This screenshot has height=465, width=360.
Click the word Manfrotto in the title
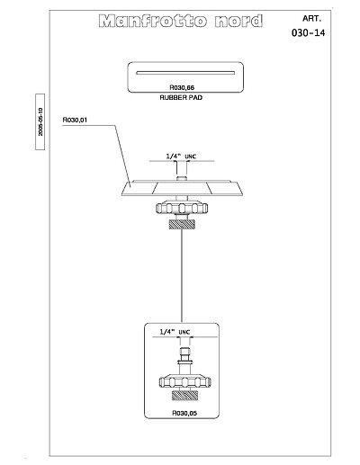click(153, 21)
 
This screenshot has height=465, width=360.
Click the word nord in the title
click(238, 21)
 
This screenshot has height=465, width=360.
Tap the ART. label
click(311, 18)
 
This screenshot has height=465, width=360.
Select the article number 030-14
click(308, 32)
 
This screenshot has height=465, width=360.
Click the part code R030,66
click(182, 87)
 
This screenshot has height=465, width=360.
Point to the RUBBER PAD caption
click(181, 97)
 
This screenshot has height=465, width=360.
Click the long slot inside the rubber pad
click(185, 73)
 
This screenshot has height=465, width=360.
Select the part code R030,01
click(75, 120)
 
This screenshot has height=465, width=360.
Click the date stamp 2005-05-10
click(40, 121)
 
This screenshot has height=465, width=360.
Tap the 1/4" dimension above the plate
click(174, 156)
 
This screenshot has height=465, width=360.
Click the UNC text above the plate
click(191, 156)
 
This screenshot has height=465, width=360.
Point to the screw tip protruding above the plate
click(181, 178)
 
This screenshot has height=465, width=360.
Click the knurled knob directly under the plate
click(182, 208)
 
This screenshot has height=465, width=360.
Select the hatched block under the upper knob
click(182, 224)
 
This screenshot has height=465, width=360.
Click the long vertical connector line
click(182, 276)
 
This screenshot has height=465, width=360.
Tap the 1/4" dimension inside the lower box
click(167, 332)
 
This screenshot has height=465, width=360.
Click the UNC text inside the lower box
click(184, 332)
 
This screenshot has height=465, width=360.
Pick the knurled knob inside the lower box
click(184, 381)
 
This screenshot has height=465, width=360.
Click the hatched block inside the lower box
click(184, 396)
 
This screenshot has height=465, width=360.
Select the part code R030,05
click(184, 413)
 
